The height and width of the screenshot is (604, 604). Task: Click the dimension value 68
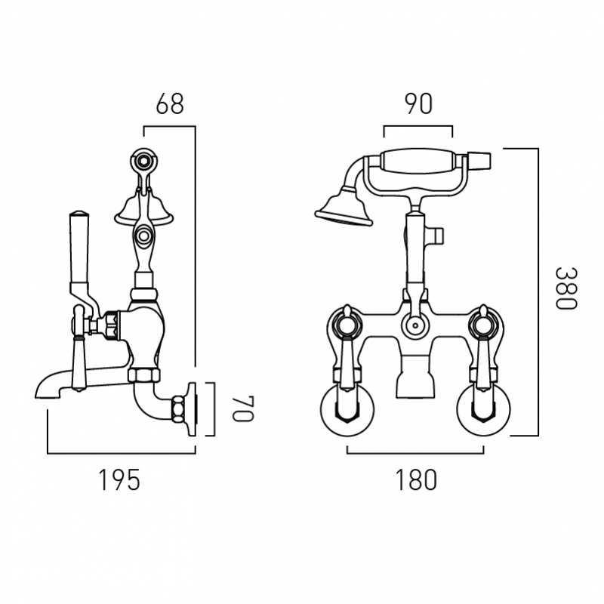pyautogui.click(x=170, y=103)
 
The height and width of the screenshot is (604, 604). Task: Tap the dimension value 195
pyautogui.click(x=119, y=479)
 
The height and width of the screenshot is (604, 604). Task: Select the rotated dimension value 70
pyautogui.click(x=242, y=408)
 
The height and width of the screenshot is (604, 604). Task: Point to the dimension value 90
pyautogui.click(x=419, y=103)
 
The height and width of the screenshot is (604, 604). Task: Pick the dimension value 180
pyautogui.click(x=416, y=479)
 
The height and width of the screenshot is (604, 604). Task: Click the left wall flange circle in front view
pyautogui.click(x=347, y=409)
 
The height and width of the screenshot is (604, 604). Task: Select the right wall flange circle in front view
pyautogui.click(x=483, y=409)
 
